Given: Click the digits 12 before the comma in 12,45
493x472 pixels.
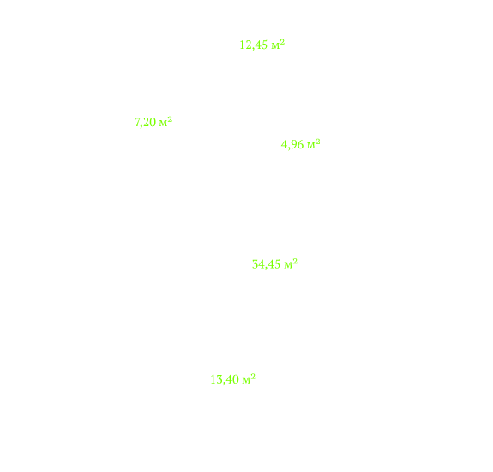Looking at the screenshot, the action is click(x=246, y=45).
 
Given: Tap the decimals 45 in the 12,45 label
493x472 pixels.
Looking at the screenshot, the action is click(x=262, y=45).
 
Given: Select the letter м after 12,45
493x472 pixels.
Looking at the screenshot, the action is click(x=275, y=46).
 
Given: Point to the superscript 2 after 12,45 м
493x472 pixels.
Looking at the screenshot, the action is click(x=282, y=42).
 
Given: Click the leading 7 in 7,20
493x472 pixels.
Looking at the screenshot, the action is click(x=137, y=122).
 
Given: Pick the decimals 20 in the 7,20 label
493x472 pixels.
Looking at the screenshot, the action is click(x=150, y=122).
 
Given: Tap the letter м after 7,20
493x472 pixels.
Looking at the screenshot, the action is click(x=163, y=124).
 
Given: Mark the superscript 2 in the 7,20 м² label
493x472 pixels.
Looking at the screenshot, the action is click(x=170, y=119).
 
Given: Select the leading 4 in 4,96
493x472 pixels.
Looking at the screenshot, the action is click(x=285, y=145).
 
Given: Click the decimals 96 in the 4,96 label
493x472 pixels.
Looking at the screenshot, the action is click(x=298, y=145).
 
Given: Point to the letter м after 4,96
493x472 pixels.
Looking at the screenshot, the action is click(x=311, y=146).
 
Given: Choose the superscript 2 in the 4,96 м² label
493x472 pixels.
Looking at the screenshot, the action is click(x=318, y=142).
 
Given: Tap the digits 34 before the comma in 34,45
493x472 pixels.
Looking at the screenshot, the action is click(x=258, y=264).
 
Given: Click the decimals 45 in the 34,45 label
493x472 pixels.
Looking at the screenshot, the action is click(x=274, y=264).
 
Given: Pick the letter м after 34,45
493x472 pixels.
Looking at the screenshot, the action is click(x=288, y=265).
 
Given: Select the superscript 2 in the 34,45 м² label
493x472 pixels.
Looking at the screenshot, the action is click(x=295, y=261).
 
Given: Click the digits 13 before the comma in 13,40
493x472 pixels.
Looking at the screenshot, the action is click(x=217, y=380).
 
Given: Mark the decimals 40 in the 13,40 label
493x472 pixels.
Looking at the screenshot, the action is click(x=232, y=380).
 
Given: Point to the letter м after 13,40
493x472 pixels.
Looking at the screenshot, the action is click(x=246, y=381).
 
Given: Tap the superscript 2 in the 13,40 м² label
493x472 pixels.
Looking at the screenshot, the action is click(x=253, y=377).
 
